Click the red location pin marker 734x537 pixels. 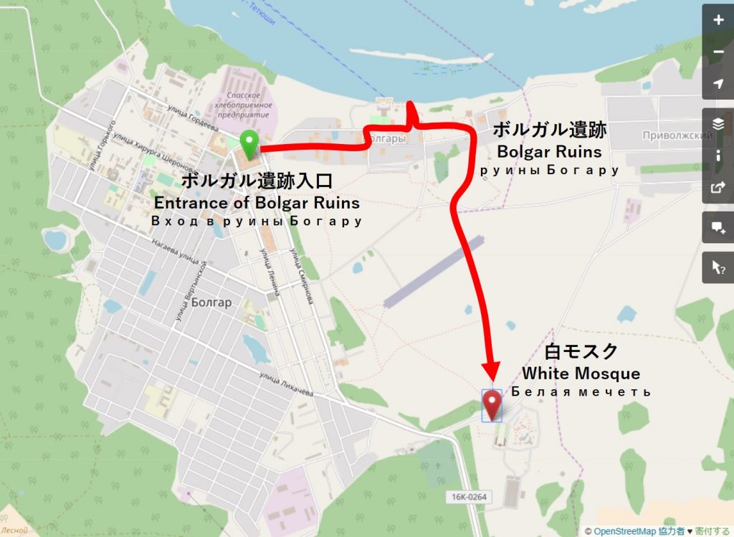tap(492, 404)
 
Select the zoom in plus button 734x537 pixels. tap(718, 20)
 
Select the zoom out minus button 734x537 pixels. tap(718, 52)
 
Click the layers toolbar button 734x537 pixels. tap(718, 124)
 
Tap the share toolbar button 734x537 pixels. tap(718, 189)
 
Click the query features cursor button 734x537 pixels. tap(718, 267)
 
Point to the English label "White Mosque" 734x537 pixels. tap(581, 374)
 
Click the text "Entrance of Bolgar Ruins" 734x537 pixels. tap(257, 203)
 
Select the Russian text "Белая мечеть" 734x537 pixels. tap(581, 392)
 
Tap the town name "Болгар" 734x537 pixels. tap(211, 303)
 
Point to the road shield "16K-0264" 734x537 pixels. tap(470, 497)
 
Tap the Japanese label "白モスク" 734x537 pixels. tap(581, 352)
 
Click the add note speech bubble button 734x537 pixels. tap(718, 228)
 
